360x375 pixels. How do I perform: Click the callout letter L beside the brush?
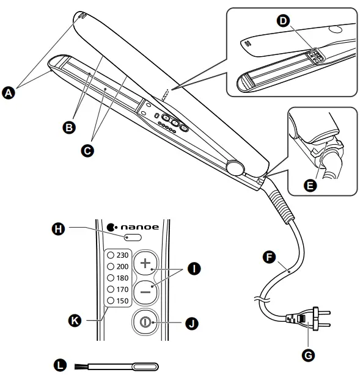coord(59,365)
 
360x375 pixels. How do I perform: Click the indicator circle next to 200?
coord(111,266)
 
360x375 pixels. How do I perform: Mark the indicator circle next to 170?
coord(111,289)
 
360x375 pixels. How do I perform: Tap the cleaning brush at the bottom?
coord(116,366)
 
